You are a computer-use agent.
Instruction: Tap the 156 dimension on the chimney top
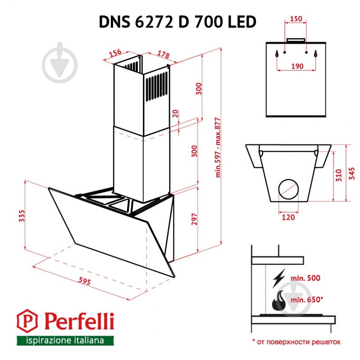click(116, 53)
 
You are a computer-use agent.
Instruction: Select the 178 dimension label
click(163, 55)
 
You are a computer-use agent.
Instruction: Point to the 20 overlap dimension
click(176, 114)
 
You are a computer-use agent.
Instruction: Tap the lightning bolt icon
click(278, 279)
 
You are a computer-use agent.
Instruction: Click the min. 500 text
click(305, 278)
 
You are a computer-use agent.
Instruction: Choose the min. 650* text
click(307, 299)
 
